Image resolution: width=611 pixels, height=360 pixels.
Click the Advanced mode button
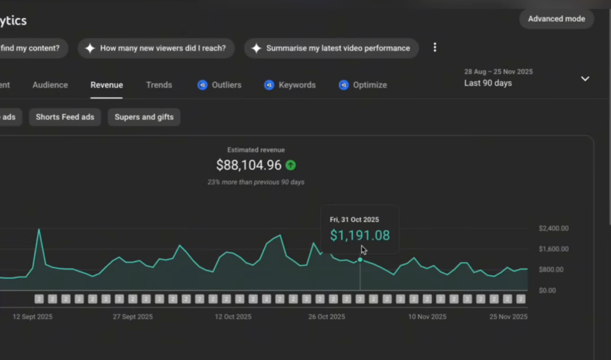556,19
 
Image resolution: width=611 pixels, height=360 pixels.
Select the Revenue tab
107,85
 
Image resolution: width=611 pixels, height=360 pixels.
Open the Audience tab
50,85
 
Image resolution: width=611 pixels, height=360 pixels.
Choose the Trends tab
159,85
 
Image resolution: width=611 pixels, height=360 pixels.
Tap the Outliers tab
220,85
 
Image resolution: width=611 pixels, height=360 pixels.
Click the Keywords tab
290,85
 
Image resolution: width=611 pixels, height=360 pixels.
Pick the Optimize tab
363,85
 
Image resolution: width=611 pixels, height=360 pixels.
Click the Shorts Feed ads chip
65,117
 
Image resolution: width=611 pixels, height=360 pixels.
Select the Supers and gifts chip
144,117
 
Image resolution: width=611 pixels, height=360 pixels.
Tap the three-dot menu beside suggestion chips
435,48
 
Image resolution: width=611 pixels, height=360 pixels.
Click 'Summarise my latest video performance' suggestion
331,48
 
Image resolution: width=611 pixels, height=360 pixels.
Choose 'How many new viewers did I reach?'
156,48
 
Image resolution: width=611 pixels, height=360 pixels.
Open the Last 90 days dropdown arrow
585,79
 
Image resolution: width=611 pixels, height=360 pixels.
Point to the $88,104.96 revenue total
249,166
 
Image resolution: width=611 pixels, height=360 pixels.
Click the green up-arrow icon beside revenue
291,166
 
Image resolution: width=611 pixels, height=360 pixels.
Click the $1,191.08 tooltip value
360,236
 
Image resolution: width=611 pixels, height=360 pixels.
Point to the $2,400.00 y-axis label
553,229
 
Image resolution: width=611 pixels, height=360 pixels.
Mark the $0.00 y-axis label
547,290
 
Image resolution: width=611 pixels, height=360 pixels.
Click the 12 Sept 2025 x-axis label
33,317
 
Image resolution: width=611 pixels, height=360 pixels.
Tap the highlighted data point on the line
360,260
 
